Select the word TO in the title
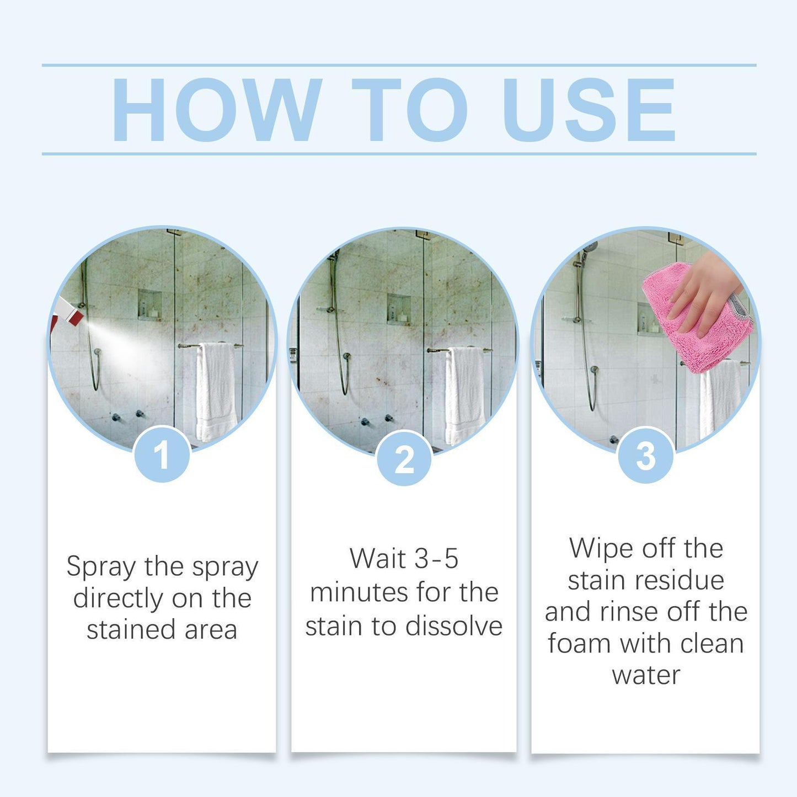(409, 110)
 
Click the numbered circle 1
(162, 456)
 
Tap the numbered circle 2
(404, 458)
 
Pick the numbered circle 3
(645, 456)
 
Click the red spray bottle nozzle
(71, 313)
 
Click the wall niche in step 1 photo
(149, 304)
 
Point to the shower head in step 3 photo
(589, 248)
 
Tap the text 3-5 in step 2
(436, 559)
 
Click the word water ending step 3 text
(646, 675)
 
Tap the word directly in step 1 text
(118, 599)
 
